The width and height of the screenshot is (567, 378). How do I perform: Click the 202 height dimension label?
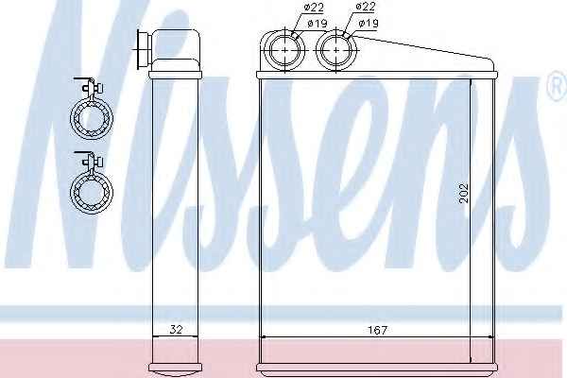pos(463,194)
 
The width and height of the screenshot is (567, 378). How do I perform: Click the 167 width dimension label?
pos(377,330)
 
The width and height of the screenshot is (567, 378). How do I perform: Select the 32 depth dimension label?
pos(176,330)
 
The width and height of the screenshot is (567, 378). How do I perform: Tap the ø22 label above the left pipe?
pos(314,8)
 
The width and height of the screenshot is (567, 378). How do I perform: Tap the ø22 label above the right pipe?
pos(365,7)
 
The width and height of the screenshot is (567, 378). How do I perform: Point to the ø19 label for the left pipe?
pos(318,24)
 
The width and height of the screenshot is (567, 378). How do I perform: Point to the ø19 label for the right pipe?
pos(369,23)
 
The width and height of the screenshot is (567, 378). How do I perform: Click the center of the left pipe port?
pos(285,50)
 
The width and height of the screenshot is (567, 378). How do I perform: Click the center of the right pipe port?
pos(336,50)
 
